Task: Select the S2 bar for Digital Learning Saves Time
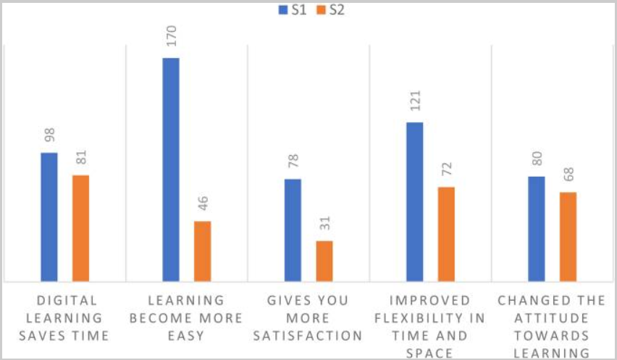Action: point(80,227)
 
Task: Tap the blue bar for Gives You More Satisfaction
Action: point(293,230)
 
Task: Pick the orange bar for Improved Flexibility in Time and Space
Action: point(446,233)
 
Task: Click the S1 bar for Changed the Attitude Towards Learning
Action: point(536,228)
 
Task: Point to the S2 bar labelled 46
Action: point(203,251)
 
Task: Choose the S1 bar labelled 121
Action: point(414,201)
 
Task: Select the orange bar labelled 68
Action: point(568,236)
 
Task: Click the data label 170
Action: point(171,35)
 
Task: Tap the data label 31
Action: point(324,225)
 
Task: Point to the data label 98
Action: point(49,136)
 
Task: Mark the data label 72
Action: point(446,172)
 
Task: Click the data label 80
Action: point(536,161)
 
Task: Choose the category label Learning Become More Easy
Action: point(186,317)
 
